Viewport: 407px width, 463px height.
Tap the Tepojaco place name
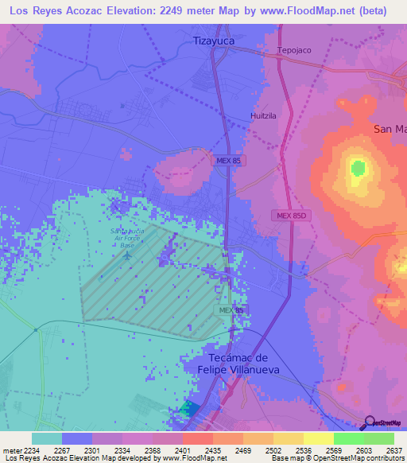click(x=293, y=50)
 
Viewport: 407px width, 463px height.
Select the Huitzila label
click(x=262, y=115)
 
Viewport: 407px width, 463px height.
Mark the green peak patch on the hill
click(x=358, y=168)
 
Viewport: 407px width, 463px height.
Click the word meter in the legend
click(x=12, y=450)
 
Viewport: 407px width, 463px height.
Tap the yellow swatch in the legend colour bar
click(x=318, y=438)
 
